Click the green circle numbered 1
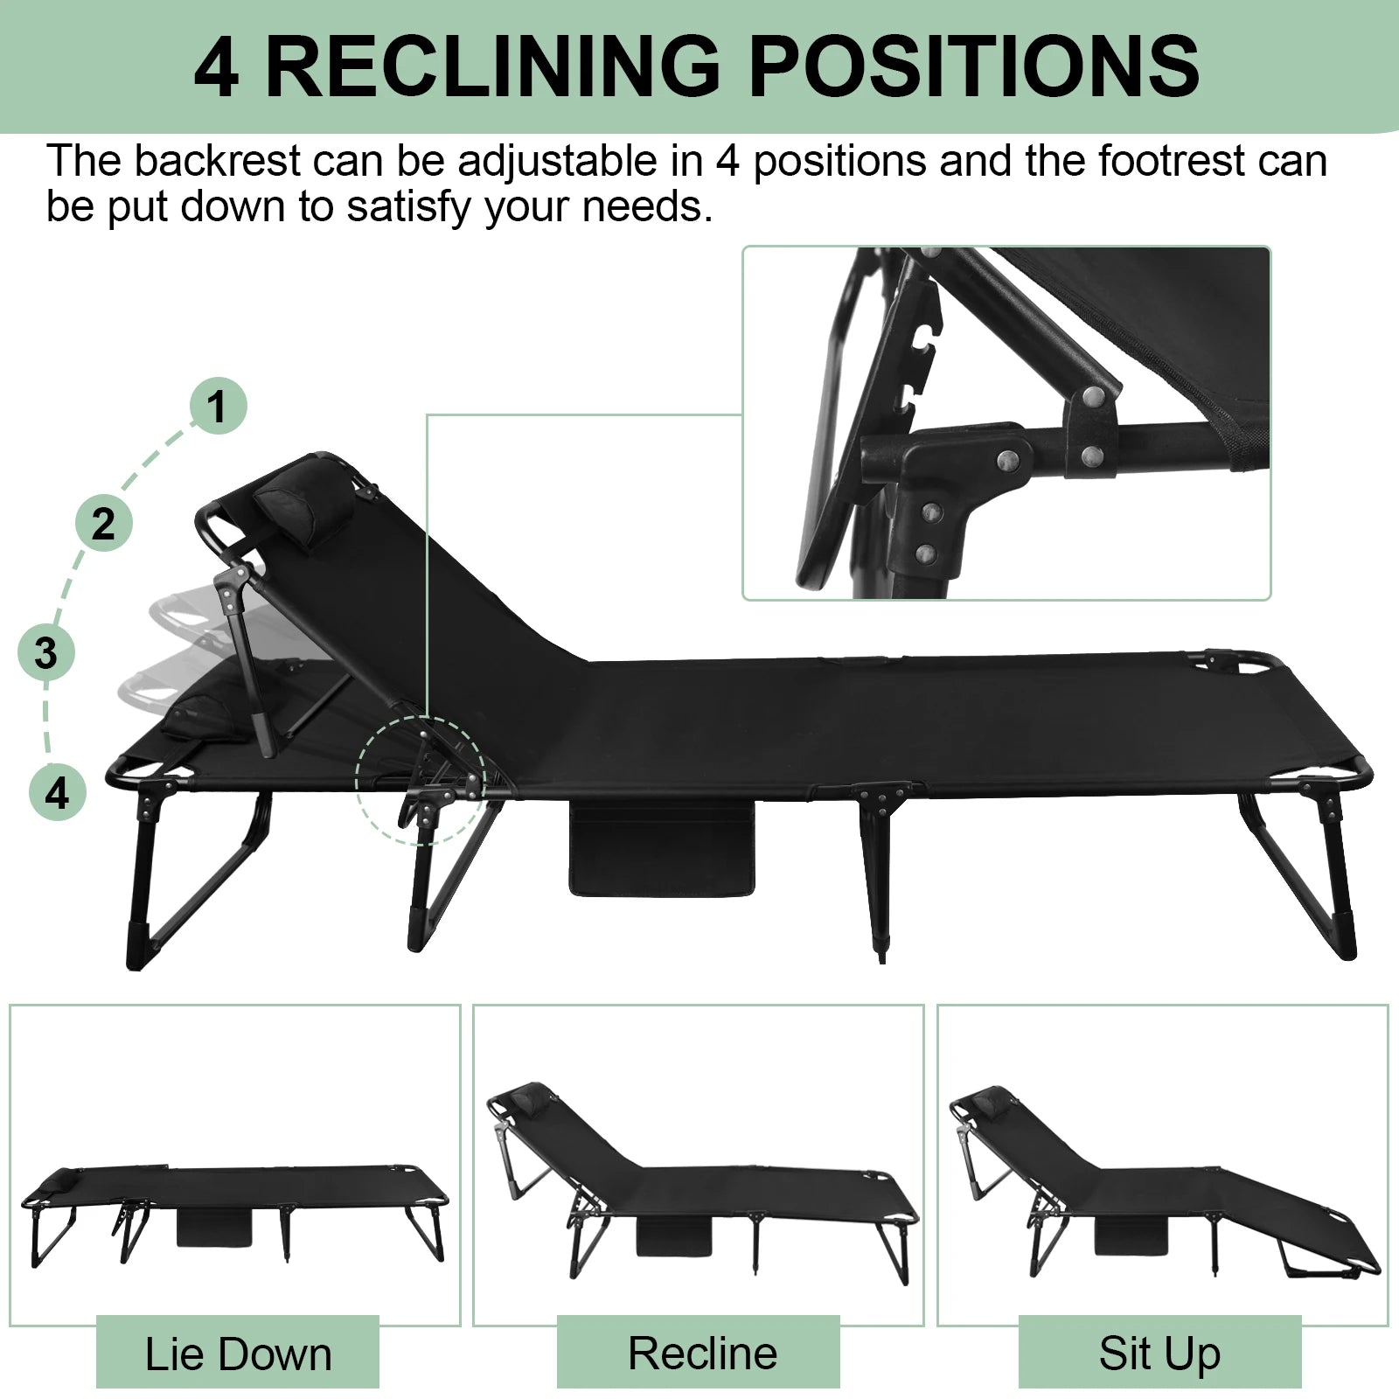tap(218, 406)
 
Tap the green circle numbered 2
tap(103, 523)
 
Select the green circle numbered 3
tap(46, 652)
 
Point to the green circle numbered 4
tap(57, 793)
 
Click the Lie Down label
tap(238, 1354)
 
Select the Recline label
tap(701, 1353)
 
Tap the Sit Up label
tap(1159, 1353)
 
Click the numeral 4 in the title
tap(215, 66)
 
